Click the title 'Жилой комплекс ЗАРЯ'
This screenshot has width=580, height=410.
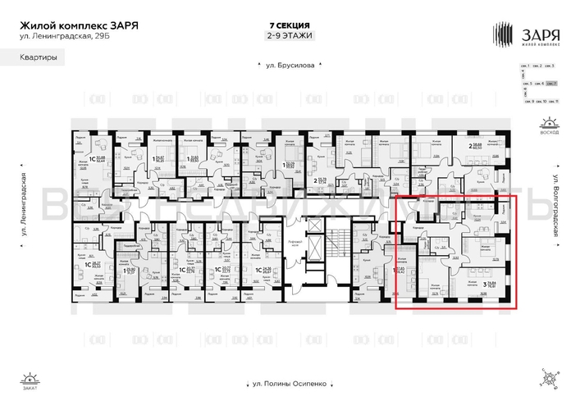[78, 25]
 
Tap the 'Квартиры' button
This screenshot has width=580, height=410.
[34, 58]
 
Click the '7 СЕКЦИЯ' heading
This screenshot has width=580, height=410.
[290, 25]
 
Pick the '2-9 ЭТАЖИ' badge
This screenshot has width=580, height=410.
[290, 36]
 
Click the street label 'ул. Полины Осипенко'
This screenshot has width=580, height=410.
[290, 383]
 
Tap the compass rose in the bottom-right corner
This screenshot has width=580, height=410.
[548, 378]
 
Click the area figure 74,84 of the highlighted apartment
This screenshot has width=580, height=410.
[496, 285]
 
